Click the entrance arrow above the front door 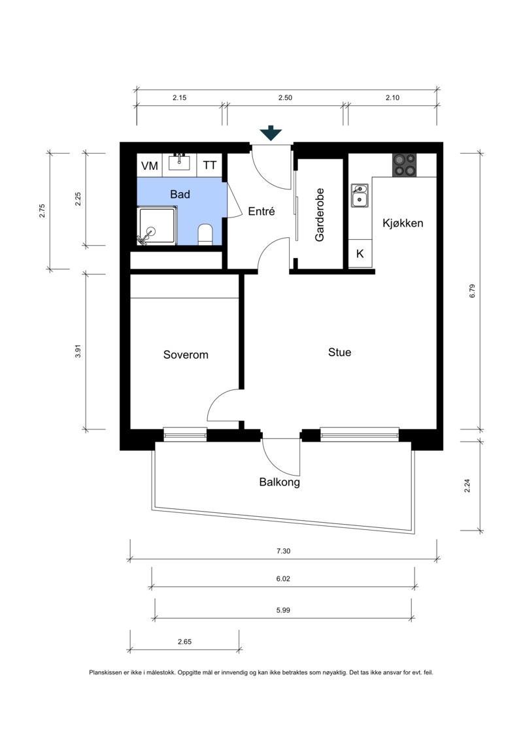pos(271,134)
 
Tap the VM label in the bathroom pos(150,166)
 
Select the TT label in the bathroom pos(209,165)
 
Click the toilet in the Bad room pos(205,234)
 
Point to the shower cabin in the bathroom pos(157,225)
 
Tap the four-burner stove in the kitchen pos(405,165)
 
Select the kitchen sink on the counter pos(360,195)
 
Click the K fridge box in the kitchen pos(360,254)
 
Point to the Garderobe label pos(320,215)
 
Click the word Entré pos(261,211)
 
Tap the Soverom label pos(185,354)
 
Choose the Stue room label pos(339,352)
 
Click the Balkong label pos(280,482)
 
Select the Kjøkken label pos(403,223)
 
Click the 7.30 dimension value pos(284,550)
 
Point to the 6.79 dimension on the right pos(473,291)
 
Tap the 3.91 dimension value pos(78,352)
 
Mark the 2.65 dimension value pos(185,642)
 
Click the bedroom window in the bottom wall pos(185,434)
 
